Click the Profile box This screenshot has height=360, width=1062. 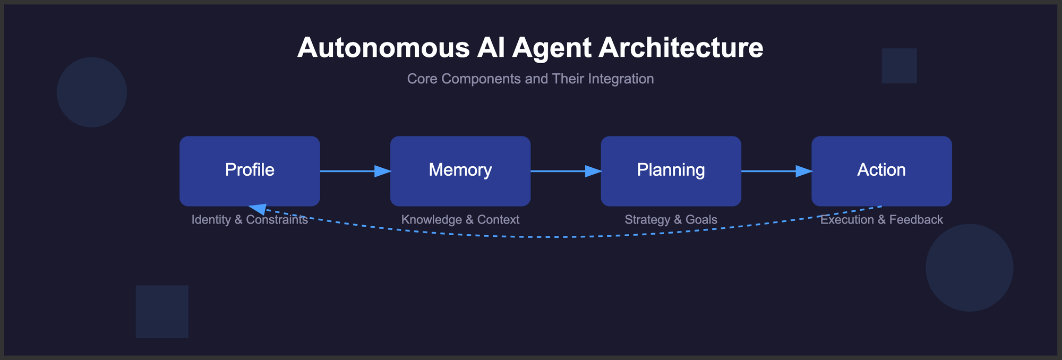coord(250,170)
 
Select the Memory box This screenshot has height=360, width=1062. coord(460,170)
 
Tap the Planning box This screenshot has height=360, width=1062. coord(671,170)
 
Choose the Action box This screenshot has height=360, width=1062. coord(881,170)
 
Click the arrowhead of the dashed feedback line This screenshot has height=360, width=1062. coord(258,208)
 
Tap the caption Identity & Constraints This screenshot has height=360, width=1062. coord(250,220)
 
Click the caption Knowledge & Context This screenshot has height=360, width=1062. coord(460,220)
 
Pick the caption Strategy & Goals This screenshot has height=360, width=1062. coord(671,220)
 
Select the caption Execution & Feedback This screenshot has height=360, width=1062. coord(881,220)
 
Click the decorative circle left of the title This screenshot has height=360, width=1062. coord(92,92)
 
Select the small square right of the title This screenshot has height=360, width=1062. coord(899,66)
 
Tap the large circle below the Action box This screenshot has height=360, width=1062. coord(969,268)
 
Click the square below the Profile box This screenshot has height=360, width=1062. coord(162,312)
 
